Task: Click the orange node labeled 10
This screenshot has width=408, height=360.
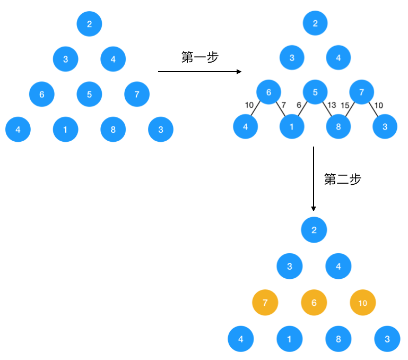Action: (363, 303)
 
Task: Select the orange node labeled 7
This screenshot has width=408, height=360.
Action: (265, 303)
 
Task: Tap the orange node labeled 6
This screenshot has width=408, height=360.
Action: (314, 303)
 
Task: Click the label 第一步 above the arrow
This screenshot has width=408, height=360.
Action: (199, 57)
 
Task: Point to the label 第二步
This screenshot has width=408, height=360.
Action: (342, 179)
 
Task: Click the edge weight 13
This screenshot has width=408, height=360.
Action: (332, 105)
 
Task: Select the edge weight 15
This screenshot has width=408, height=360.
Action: (345, 105)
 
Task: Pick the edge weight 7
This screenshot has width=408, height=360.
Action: (283, 105)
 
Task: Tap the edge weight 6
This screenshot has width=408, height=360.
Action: (299, 105)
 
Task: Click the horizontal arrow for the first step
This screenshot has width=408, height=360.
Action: (199, 72)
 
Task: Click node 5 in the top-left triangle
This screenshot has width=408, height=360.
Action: (89, 95)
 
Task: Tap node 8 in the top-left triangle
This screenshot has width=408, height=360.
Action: (113, 130)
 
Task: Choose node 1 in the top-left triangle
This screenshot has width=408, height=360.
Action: (66, 130)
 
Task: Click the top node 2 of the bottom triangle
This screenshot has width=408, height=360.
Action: (314, 230)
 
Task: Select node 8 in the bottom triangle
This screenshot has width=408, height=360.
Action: (338, 339)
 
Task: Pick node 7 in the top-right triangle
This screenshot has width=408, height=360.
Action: (362, 92)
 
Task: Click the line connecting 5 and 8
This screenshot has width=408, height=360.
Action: (327, 110)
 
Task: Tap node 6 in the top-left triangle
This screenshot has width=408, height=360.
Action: (42, 95)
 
